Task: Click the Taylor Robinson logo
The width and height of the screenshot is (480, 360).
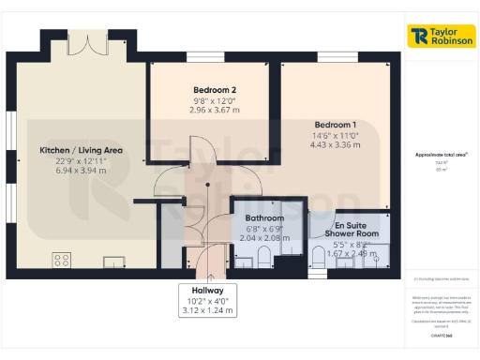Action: coord(441,36)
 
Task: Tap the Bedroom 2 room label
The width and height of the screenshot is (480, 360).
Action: coord(210,90)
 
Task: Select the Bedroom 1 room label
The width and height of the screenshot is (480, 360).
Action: coord(335,125)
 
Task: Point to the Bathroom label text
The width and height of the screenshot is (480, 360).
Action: coord(259,218)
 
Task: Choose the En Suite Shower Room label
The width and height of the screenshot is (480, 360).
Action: coord(352,228)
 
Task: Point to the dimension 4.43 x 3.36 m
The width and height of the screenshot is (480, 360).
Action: coord(335,146)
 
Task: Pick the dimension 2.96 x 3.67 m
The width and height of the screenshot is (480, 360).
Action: coord(210,111)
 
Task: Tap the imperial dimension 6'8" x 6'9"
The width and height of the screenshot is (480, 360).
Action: coord(259,229)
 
